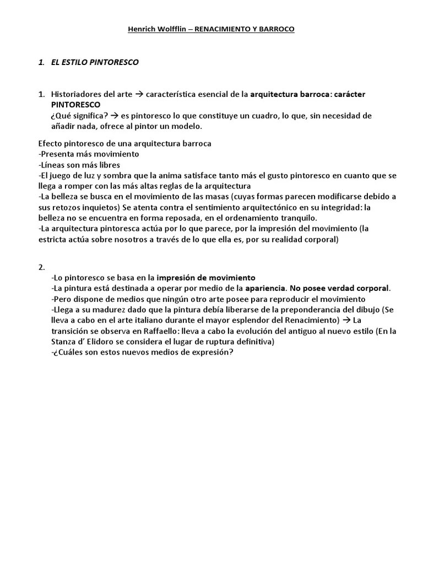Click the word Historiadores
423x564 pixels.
click(77, 94)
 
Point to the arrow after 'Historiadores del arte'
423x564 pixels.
click(139, 94)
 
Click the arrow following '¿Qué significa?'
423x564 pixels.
click(115, 116)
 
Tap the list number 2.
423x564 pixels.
click(41, 267)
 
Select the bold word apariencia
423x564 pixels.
click(265, 288)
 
